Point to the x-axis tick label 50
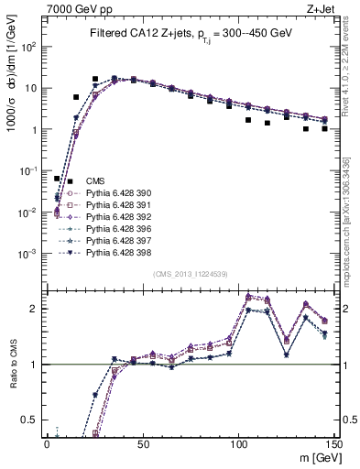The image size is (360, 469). (x=142, y=442)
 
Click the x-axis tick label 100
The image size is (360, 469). (x=238, y=442)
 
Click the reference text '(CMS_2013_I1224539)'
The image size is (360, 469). (x=191, y=275)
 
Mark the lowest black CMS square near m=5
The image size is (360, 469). (x=57, y=179)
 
